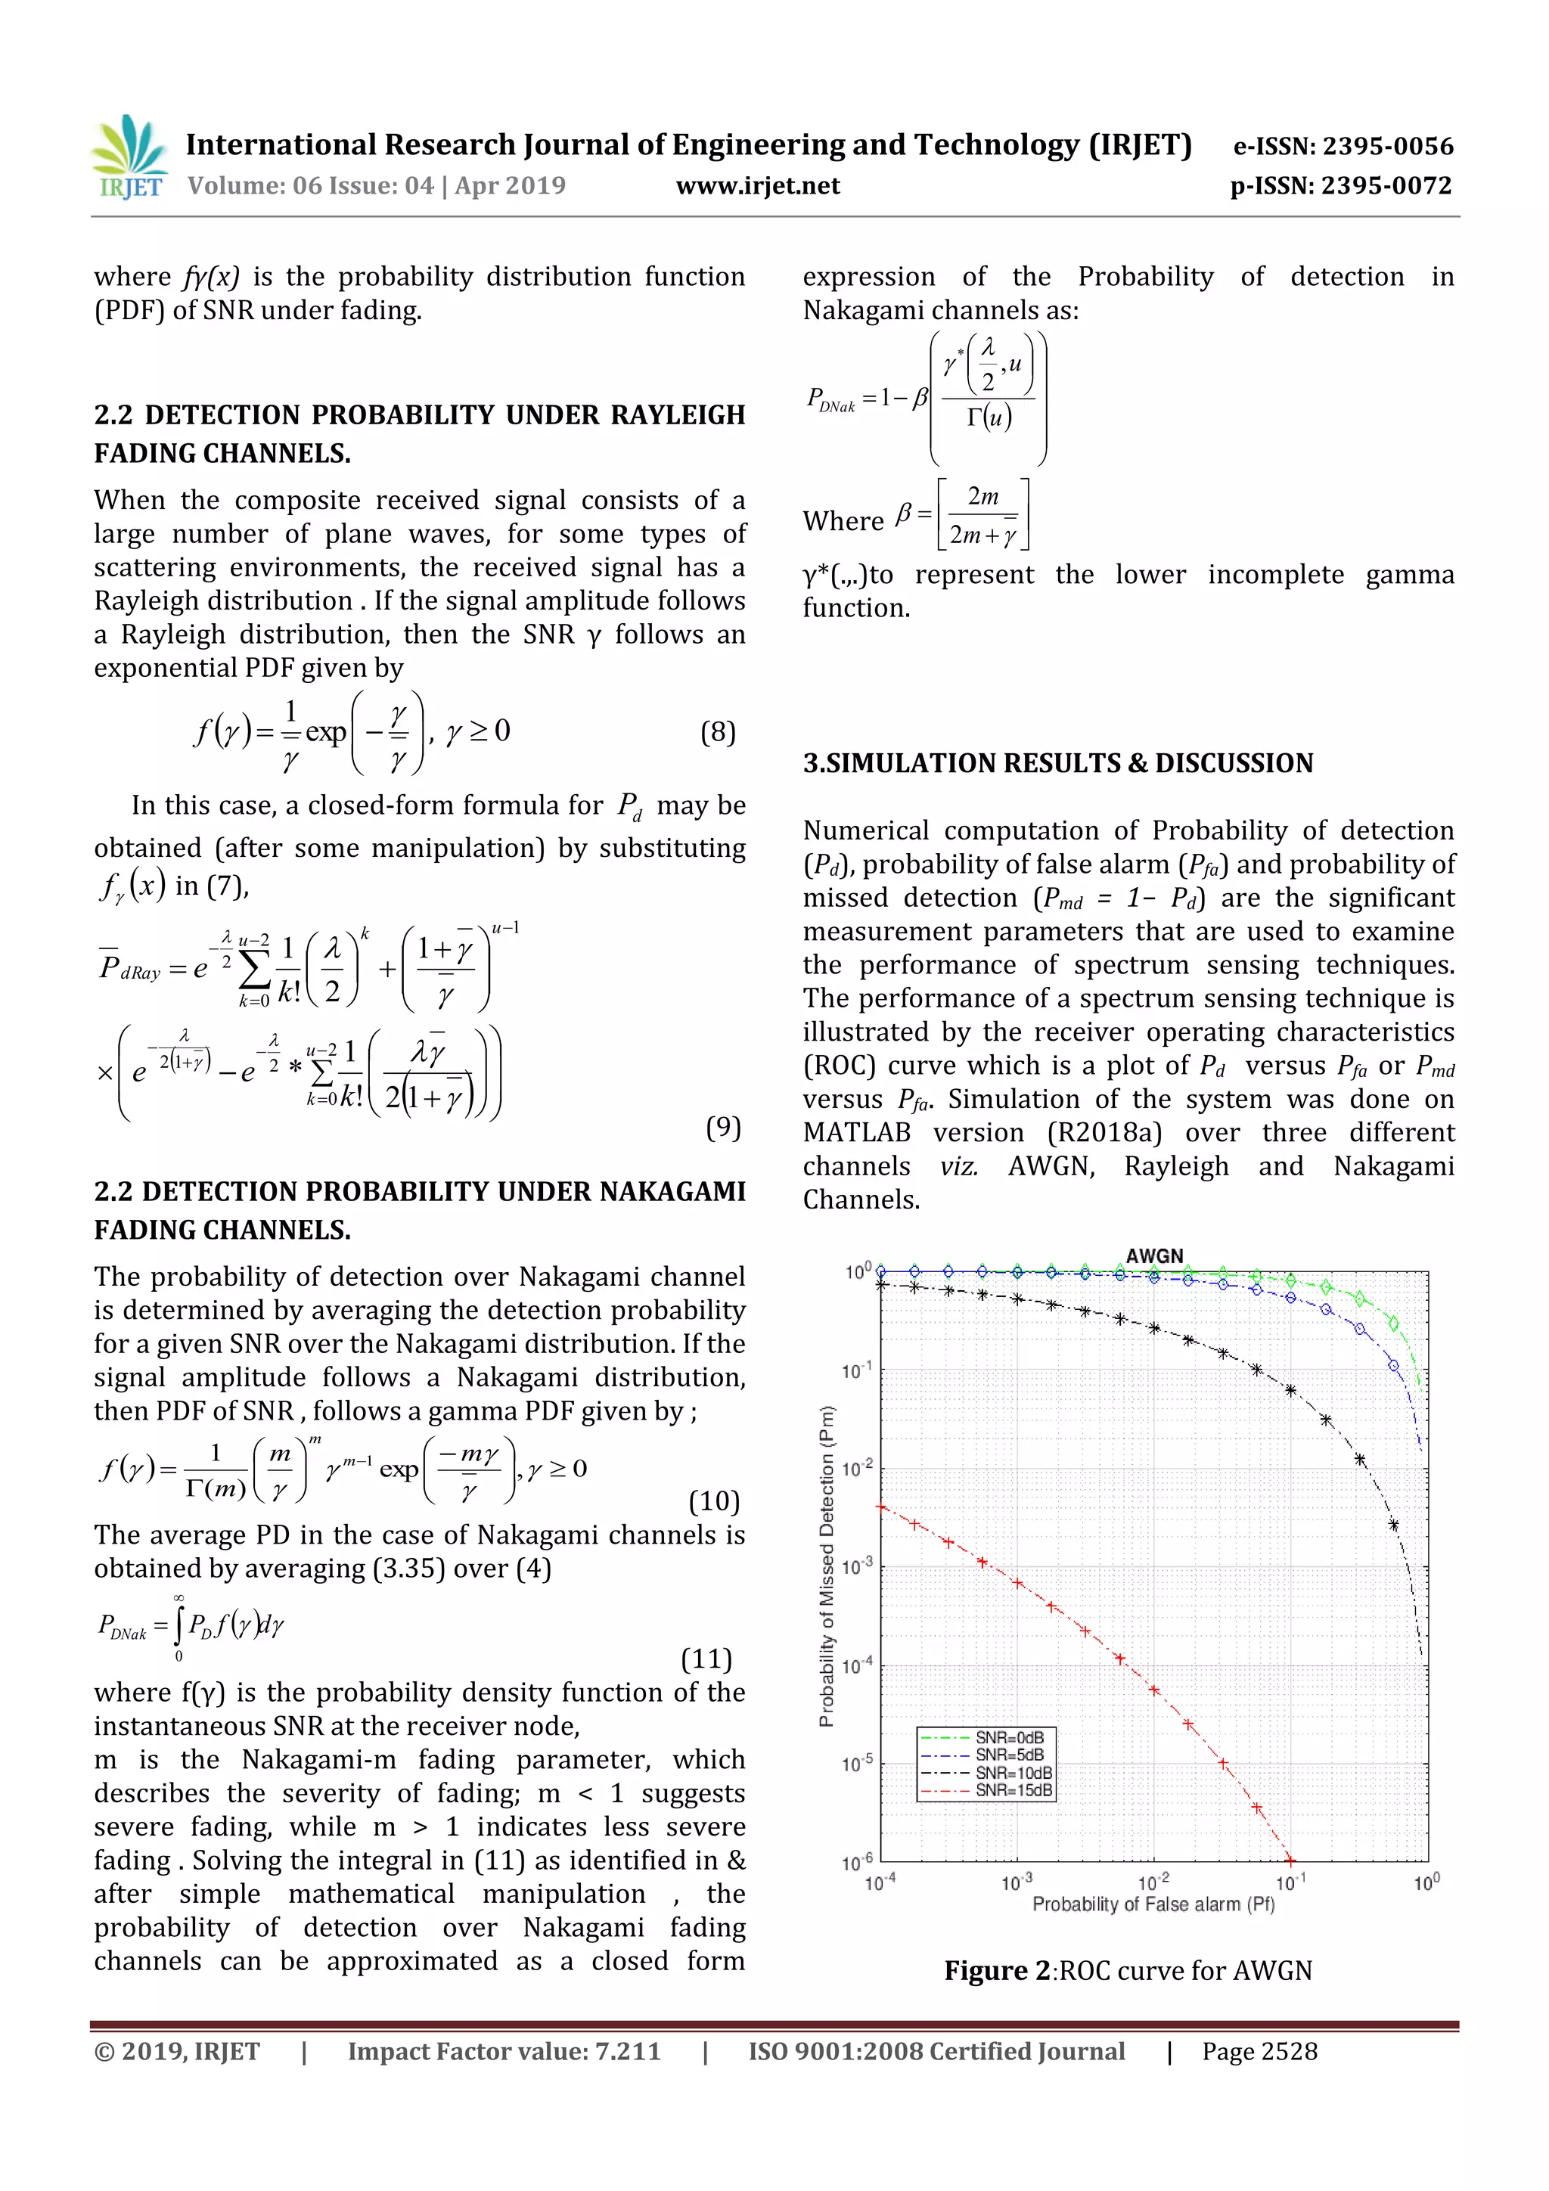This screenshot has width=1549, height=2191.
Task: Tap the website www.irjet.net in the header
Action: click(758, 186)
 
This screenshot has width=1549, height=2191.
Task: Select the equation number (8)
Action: click(718, 732)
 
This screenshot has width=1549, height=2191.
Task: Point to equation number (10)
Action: click(714, 1501)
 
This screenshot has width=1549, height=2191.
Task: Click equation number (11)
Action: click(706, 1659)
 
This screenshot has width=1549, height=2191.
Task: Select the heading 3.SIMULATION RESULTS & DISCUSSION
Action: click(1057, 763)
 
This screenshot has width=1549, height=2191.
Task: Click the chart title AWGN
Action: click(1154, 1255)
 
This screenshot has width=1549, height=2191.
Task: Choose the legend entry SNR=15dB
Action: click(1013, 1790)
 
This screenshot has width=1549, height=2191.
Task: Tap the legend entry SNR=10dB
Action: click(1013, 1773)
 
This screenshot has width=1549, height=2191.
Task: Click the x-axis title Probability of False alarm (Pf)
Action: click(1153, 1904)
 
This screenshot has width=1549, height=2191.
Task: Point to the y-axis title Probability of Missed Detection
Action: click(827, 1565)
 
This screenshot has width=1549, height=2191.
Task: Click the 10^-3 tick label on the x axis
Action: click(1017, 1882)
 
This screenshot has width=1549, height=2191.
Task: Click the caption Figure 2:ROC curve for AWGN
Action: click(1128, 1971)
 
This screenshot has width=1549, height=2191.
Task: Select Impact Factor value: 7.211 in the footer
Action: click(504, 2052)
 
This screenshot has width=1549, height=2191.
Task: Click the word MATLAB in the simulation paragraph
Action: click(856, 1133)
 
